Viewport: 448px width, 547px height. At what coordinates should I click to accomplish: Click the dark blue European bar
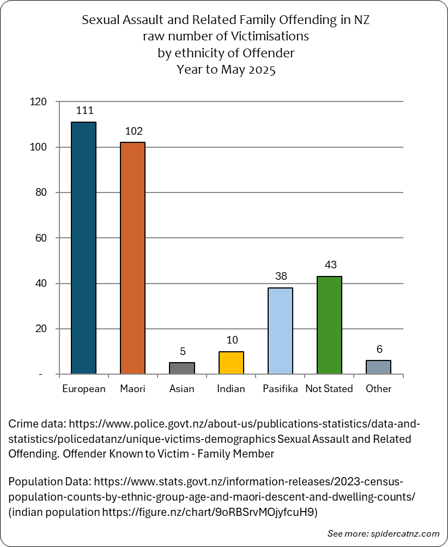pyautogui.click(x=84, y=248)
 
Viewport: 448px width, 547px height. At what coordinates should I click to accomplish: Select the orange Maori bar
pyautogui.click(x=132, y=258)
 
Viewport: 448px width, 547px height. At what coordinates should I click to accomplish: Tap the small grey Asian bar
pyautogui.click(x=182, y=368)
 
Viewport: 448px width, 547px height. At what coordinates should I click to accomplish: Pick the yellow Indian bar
pyautogui.click(x=231, y=363)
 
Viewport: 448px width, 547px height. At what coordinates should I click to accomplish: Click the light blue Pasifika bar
pyautogui.click(x=280, y=331)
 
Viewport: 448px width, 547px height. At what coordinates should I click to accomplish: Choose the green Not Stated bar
pyautogui.click(x=330, y=325)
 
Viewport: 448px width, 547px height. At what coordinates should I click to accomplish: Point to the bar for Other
pyautogui.click(x=378, y=368)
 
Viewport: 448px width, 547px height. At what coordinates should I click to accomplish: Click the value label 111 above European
pyautogui.click(x=84, y=111)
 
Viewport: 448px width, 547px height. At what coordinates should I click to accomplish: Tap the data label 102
pyautogui.click(x=134, y=131)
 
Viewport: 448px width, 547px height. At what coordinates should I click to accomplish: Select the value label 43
pyautogui.click(x=330, y=265)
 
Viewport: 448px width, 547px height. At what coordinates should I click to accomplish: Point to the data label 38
pyautogui.click(x=281, y=276)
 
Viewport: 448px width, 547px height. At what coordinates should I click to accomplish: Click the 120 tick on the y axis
pyautogui.click(x=38, y=101)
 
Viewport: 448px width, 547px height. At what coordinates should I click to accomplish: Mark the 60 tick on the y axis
pyautogui.click(x=41, y=238)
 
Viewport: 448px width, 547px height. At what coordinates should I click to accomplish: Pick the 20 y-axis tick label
pyautogui.click(x=41, y=329)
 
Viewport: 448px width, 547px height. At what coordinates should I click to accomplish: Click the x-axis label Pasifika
pyautogui.click(x=280, y=389)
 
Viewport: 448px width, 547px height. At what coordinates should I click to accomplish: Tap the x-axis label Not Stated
pyautogui.click(x=329, y=389)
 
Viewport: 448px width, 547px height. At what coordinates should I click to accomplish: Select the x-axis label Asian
pyautogui.click(x=181, y=389)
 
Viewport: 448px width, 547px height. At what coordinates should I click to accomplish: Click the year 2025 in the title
pyautogui.click(x=262, y=70)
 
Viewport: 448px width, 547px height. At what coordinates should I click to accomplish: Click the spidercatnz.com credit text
pyautogui.click(x=405, y=534)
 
